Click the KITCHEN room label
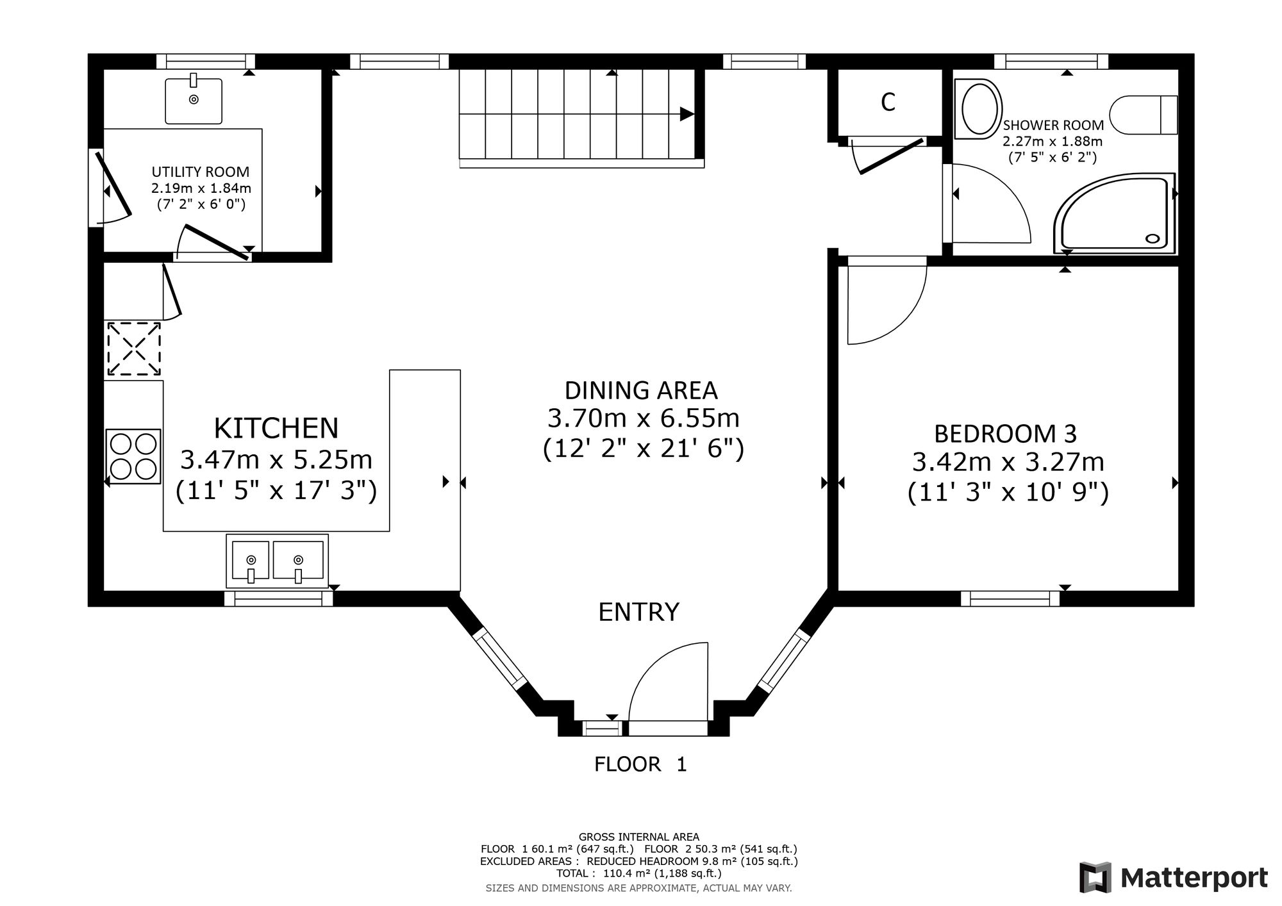tap(276, 427)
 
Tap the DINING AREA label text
tap(641, 390)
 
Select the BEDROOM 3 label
tap(1005, 434)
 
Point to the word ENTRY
tap(638, 612)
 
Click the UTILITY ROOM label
tap(201, 172)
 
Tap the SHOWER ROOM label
tap(1053, 125)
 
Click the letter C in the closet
tap(888, 103)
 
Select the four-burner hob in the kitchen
tap(133, 456)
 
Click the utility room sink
tap(194, 101)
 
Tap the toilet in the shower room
tap(1145, 115)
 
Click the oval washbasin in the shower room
tap(978, 109)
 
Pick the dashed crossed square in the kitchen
tap(133, 349)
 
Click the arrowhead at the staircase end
tap(687, 114)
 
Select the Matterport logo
tap(1174, 877)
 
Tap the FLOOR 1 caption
tap(640, 764)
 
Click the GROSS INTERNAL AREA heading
tap(639, 837)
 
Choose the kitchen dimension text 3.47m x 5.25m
tap(276, 459)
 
